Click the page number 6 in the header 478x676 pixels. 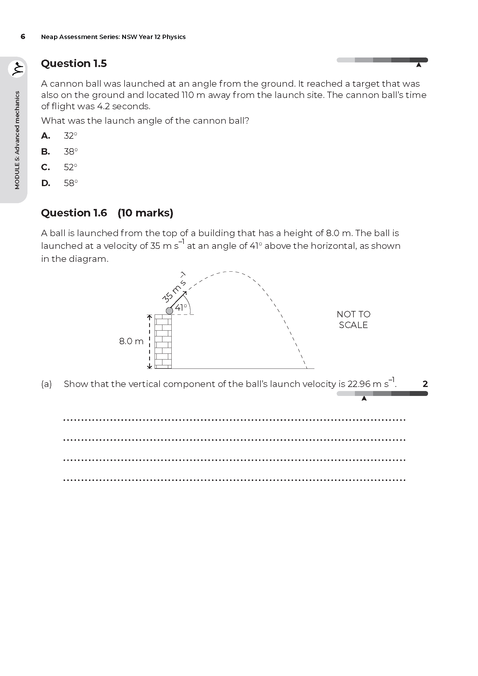point(23,36)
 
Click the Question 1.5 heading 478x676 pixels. point(74,63)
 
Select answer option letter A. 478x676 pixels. point(46,136)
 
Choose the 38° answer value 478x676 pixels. point(71,152)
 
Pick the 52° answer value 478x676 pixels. point(70,167)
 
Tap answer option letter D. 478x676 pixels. point(46,183)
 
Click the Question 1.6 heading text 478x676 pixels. point(74,213)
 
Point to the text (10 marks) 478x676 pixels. point(145,213)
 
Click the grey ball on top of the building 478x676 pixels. point(169,311)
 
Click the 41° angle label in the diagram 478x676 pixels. point(181,308)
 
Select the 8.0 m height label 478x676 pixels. point(131,341)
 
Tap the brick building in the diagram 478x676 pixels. point(163,342)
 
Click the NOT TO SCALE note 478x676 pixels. point(353,319)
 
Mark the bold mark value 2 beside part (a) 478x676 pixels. point(425,384)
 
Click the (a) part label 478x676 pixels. point(47,384)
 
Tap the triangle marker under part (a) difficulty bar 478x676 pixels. point(364,398)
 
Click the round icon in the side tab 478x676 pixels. point(17,69)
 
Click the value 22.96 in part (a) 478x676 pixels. point(359,384)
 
